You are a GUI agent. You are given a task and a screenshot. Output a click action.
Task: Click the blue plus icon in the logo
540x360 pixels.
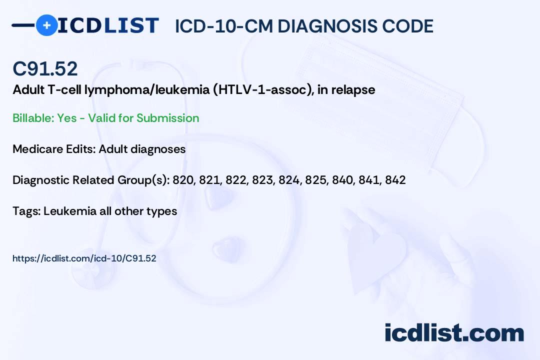point(46,25)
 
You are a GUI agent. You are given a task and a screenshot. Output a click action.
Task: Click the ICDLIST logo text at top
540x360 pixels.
point(108,25)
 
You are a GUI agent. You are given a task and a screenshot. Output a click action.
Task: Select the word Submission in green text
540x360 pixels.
point(167,118)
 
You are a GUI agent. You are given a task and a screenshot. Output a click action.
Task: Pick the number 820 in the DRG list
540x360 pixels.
point(183,180)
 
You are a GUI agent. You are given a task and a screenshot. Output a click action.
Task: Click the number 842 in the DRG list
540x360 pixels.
point(395,180)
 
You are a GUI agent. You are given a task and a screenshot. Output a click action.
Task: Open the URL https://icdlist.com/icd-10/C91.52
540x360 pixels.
point(84,258)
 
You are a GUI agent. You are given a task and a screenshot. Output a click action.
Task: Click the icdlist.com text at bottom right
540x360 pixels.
point(454,332)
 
